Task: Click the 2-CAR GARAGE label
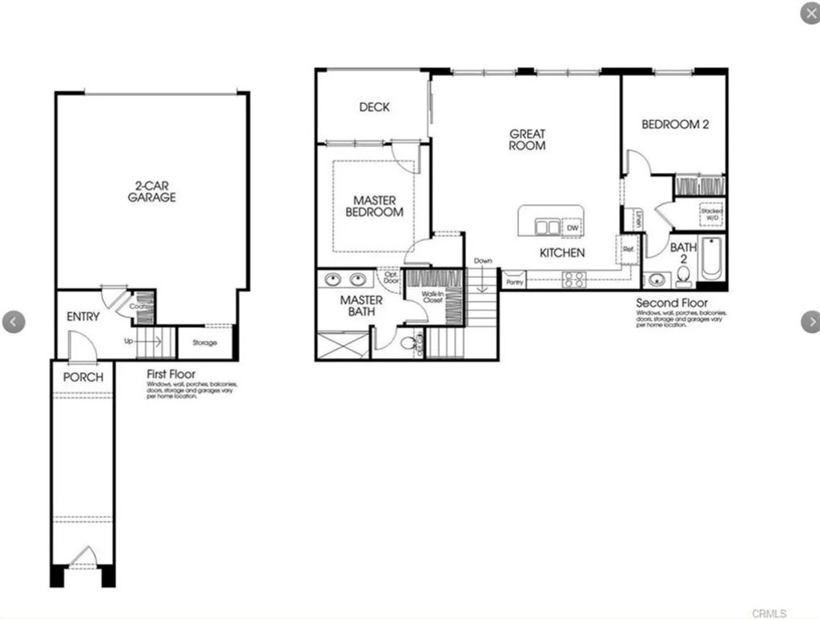151,191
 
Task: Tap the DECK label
374,107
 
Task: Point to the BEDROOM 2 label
675,124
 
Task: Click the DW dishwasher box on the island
572,227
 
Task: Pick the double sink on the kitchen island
548,227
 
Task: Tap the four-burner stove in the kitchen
573,279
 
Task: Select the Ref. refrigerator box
628,249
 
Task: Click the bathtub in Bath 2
710,259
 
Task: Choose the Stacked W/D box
712,215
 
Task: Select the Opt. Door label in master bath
391,277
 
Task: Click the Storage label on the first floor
204,343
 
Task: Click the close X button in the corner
810,14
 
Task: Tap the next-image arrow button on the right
810,322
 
